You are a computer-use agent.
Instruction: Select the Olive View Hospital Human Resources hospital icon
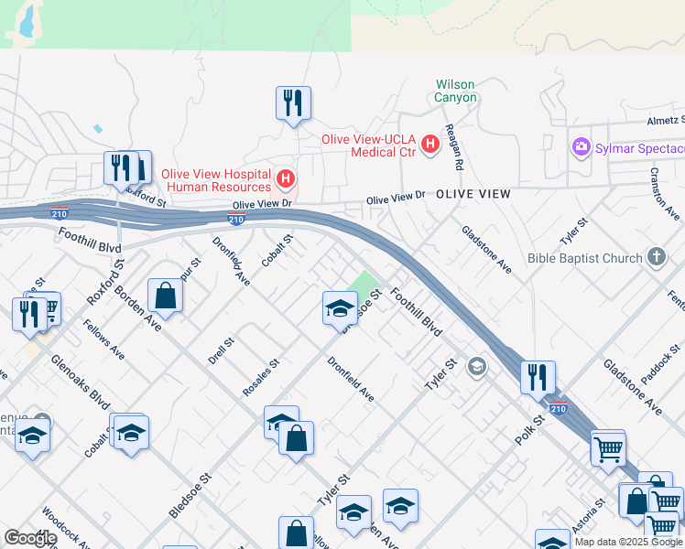(x=286, y=177)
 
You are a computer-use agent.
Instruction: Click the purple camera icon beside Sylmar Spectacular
(x=581, y=147)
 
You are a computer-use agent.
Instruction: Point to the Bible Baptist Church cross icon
(x=656, y=258)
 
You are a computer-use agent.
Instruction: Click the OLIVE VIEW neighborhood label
(x=473, y=195)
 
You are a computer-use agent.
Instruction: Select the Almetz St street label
(x=665, y=120)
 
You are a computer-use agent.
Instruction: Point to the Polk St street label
(x=529, y=428)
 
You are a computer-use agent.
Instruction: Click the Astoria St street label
(x=586, y=516)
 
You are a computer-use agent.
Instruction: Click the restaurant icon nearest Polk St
(x=538, y=377)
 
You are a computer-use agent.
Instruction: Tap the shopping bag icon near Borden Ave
(x=165, y=296)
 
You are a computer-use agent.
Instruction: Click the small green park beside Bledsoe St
(x=365, y=285)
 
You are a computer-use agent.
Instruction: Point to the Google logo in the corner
(x=30, y=538)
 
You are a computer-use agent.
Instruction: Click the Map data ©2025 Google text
(x=628, y=542)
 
